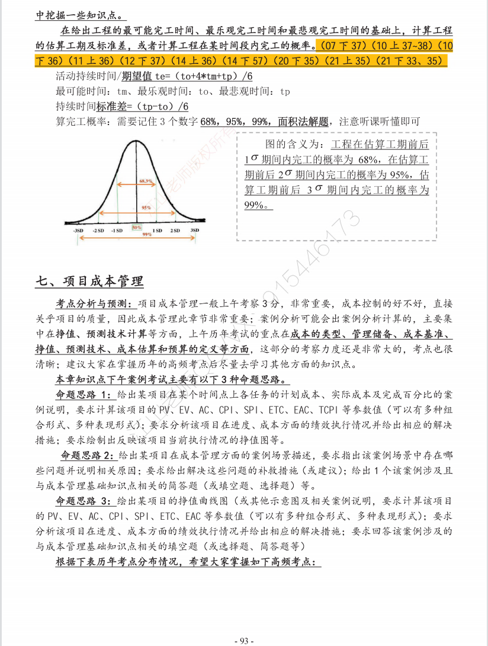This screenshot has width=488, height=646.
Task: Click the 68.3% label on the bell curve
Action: (x=146, y=180)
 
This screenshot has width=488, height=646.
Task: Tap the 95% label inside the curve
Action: (x=146, y=208)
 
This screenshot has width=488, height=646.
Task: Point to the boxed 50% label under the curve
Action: (x=136, y=227)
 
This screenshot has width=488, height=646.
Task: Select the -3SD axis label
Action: (x=78, y=230)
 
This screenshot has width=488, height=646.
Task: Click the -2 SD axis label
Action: (x=98, y=230)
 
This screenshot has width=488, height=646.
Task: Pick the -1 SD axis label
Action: (x=116, y=230)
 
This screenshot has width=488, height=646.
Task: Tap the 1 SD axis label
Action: (x=158, y=230)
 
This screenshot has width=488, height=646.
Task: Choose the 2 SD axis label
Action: (x=175, y=230)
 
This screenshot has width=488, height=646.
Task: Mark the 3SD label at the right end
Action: (x=194, y=230)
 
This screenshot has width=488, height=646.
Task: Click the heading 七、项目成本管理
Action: (x=89, y=280)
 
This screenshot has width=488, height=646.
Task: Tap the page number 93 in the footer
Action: (x=244, y=641)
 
